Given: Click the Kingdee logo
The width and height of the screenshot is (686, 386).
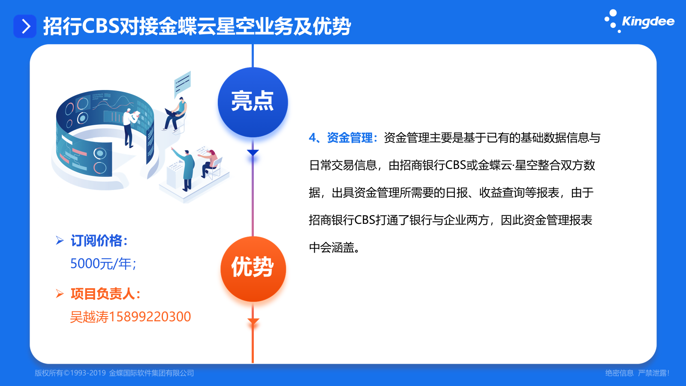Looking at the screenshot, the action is pyautogui.click(x=639, y=21).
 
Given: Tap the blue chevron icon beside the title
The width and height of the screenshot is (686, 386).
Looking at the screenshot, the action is pyautogui.click(x=25, y=26).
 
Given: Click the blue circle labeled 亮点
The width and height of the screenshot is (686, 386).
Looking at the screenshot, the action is pyautogui.click(x=253, y=102).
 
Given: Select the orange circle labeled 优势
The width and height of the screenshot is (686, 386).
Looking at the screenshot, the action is pyautogui.click(x=253, y=268).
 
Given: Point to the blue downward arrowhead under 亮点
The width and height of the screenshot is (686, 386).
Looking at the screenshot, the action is pyautogui.click(x=253, y=153).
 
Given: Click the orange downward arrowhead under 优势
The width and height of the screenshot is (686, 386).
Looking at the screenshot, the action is pyautogui.click(x=253, y=322).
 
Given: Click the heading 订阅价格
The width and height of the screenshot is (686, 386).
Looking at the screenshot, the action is pyautogui.click(x=99, y=241).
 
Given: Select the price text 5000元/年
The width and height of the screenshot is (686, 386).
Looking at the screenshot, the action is pyautogui.click(x=103, y=264).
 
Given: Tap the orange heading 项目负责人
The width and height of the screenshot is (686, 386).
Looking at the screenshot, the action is pyautogui.click(x=105, y=294).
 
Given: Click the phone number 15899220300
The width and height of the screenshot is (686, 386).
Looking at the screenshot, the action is pyautogui.click(x=150, y=317).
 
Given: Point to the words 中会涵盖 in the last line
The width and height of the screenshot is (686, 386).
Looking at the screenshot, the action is pyautogui.click(x=331, y=247).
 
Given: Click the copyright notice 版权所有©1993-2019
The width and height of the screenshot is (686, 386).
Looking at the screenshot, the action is pyautogui.click(x=70, y=373).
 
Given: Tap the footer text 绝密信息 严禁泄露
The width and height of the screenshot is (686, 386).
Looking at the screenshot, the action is pyautogui.click(x=637, y=373).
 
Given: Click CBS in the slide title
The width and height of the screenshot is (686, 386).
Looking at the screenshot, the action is pyautogui.click(x=101, y=26).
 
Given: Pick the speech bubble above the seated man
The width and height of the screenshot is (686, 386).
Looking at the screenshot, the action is pyautogui.click(x=183, y=83).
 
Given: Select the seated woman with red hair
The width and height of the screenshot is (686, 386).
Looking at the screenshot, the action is pyautogui.click(x=210, y=164).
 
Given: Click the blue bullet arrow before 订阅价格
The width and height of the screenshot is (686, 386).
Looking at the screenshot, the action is pyautogui.click(x=60, y=241).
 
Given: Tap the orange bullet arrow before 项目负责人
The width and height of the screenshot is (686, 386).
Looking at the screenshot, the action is pyautogui.click(x=60, y=294).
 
